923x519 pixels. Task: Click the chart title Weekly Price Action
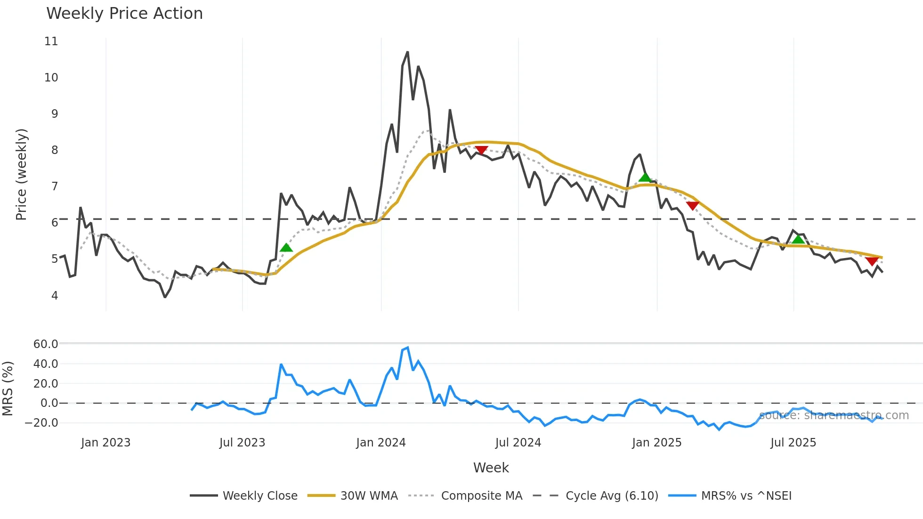124,14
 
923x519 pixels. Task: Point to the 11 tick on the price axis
51,41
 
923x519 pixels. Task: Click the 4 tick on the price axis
55,296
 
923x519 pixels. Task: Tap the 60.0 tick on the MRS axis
46,344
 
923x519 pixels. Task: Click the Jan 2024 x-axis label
381,443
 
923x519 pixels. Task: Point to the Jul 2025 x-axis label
793,443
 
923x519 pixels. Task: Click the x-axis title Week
491,468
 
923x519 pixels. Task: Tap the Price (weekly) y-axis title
21,174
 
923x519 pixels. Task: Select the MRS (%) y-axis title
8,389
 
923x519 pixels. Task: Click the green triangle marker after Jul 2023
286,248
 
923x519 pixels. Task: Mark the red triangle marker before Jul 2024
481,150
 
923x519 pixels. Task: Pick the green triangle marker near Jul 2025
798,239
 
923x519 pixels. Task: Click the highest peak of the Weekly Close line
407,52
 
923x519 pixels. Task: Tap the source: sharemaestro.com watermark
834,415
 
